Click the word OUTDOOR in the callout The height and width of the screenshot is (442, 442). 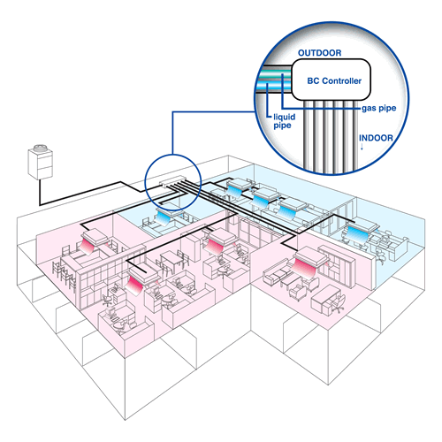[x=320, y=53]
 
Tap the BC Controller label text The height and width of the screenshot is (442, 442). [x=334, y=80]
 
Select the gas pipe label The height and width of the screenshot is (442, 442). [x=379, y=109]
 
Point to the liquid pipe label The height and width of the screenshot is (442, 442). [x=285, y=121]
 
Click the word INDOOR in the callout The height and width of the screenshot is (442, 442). [x=376, y=138]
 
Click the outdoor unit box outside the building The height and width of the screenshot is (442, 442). [x=41, y=164]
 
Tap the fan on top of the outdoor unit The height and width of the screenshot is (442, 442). [x=41, y=148]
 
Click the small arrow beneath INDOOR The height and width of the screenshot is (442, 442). [x=362, y=147]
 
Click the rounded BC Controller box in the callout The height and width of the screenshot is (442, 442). [x=331, y=80]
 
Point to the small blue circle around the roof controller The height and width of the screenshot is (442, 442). [x=145, y=182]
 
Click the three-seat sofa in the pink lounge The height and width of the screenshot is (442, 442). [x=276, y=273]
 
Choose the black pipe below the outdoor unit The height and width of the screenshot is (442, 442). [x=40, y=192]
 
